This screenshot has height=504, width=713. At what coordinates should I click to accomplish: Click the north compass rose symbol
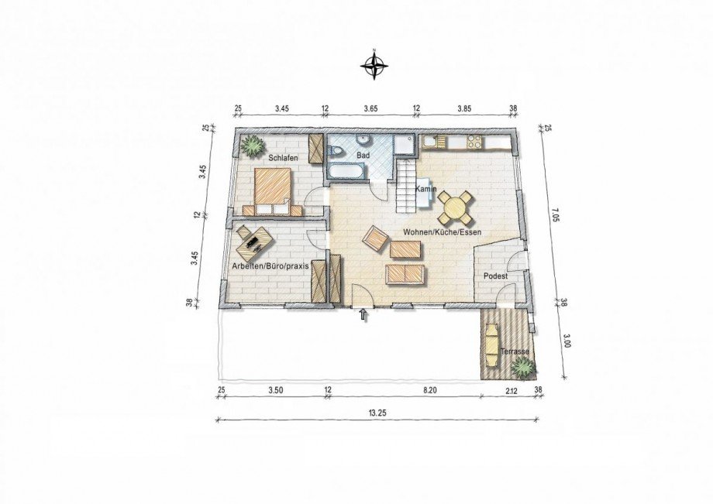[374, 65]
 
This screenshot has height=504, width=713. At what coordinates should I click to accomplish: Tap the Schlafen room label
[283, 158]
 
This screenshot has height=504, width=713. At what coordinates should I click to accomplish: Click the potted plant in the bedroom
[251, 146]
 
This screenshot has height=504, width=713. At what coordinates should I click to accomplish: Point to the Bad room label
[363, 156]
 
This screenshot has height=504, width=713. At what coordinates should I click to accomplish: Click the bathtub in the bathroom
[346, 172]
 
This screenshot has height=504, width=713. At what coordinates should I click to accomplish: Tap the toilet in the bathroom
[335, 152]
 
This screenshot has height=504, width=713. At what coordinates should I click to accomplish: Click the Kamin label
[426, 190]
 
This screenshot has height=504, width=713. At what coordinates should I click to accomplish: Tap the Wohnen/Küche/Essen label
[442, 232]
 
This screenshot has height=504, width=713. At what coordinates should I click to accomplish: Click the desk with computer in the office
[253, 241]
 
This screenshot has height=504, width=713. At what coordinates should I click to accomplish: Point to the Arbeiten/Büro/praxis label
[270, 266]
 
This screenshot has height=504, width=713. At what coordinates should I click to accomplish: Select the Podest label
[495, 276]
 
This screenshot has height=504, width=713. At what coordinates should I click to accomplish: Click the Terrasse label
[515, 352]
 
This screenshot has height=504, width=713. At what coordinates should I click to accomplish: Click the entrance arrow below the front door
[363, 314]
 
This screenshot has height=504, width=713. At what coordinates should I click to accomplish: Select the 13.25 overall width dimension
[377, 413]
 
